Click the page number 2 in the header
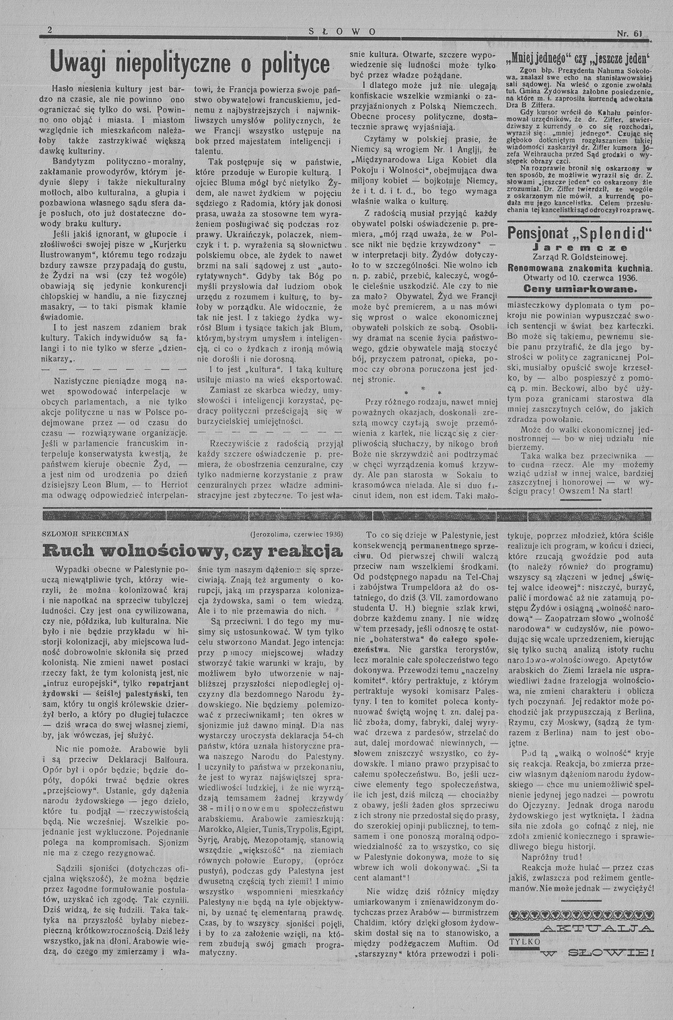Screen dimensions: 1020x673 (50, 30)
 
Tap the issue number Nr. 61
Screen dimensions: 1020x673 (630, 33)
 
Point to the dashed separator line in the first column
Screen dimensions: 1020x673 (112, 370)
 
